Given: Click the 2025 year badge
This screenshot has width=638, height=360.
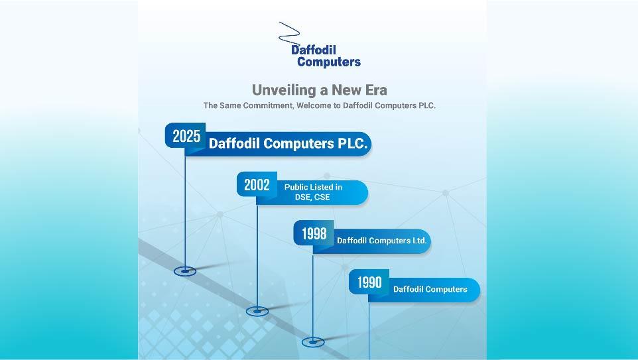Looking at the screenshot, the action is [x=186, y=135].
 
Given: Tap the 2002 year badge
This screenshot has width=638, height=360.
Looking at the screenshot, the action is [x=257, y=184].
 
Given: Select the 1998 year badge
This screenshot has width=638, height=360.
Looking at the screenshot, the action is [x=314, y=233].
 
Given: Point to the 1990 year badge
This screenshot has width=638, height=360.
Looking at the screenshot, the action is [x=369, y=282].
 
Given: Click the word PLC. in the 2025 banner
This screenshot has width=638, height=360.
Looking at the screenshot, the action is [x=353, y=143].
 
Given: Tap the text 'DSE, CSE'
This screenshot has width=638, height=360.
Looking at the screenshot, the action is [x=312, y=198].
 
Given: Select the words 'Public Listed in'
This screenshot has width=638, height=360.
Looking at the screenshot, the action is [x=313, y=187].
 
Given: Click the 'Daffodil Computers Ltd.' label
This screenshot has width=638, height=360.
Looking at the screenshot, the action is [x=381, y=241].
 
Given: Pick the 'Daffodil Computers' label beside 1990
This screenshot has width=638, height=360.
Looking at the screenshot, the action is [x=430, y=289].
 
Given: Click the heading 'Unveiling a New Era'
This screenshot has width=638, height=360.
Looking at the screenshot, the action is [x=320, y=90].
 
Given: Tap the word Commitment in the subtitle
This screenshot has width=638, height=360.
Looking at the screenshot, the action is [x=268, y=105].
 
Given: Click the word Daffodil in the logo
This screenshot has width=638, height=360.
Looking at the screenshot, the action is [x=314, y=50].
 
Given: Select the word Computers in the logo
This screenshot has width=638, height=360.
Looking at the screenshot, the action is [x=329, y=62].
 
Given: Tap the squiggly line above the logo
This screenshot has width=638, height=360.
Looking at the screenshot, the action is [x=289, y=32].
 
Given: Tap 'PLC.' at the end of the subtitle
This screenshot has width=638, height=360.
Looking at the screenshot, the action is [x=427, y=105].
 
